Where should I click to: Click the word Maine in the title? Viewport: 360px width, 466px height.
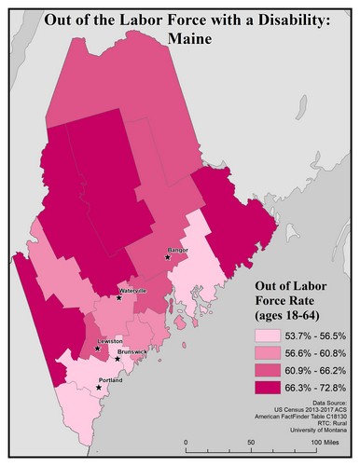pyautogui.click(x=180, y=39)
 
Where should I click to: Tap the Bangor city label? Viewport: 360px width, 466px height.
pyautogui.click(x=177, y=251)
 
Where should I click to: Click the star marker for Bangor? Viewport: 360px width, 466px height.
pyautogui.click(x=168, y=258)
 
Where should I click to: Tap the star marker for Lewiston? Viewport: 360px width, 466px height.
pyautogui.click(x=96, y=349)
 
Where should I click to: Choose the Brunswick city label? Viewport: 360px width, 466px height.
pyautogui.click(x=131, y=352)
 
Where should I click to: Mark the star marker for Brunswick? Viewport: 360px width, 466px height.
pyautogui.click(x=117, y=359)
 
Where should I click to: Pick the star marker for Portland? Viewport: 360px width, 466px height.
pyautogui.click(x=99, y=387)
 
